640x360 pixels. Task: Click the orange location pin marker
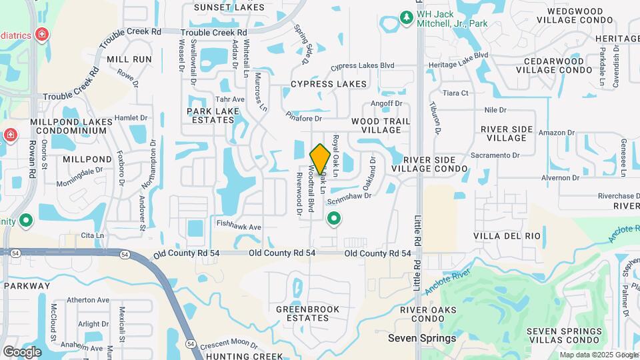320,159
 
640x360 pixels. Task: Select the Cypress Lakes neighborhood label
329,84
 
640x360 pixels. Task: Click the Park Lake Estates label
210,115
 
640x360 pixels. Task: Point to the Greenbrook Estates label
308,314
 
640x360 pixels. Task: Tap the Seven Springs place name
422,338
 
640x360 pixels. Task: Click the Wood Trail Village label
381,125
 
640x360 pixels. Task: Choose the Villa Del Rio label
507,236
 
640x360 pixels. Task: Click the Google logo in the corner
21,351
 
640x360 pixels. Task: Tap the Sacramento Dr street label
495,155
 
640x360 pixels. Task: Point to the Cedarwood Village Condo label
550,65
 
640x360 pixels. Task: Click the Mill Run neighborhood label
129,59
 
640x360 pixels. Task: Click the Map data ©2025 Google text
598,355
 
